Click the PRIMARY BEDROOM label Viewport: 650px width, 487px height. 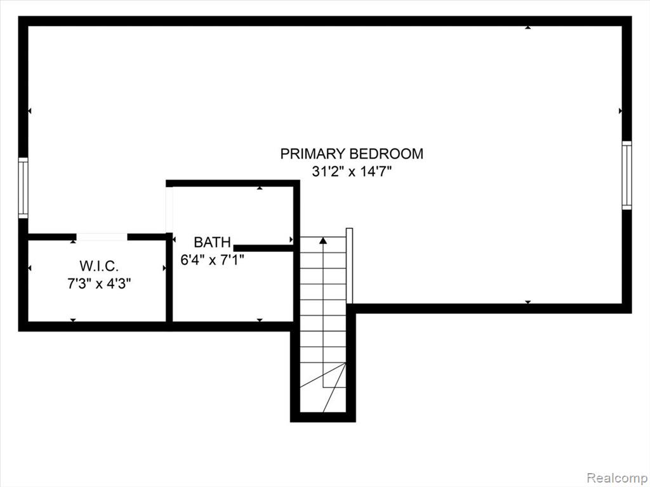(352, 153)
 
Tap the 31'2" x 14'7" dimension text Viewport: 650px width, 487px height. (352, 171)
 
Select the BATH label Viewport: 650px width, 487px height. (212, 242)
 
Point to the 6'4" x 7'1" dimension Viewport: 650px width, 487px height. (212, 259)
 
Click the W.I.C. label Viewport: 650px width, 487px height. (99, 266)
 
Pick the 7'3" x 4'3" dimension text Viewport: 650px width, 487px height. (99, 283)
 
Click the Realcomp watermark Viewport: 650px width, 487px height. (616, 478)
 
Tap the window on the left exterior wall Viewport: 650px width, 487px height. (23, 188)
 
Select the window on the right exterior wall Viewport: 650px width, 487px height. (627, 175)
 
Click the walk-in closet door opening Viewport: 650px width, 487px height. (102, 237)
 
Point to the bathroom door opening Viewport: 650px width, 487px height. (169, 209)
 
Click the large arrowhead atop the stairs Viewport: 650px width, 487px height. (323, 240)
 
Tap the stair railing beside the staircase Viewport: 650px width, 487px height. (350, 266)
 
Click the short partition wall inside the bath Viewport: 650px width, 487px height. (263, 248)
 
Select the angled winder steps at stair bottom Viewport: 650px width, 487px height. (323, 387)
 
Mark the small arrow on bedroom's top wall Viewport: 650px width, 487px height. (527, 27)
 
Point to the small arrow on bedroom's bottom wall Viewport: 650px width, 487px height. (527, 302)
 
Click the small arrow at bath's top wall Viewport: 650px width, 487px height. (260, 188)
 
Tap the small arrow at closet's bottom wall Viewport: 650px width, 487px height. (73, 320)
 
